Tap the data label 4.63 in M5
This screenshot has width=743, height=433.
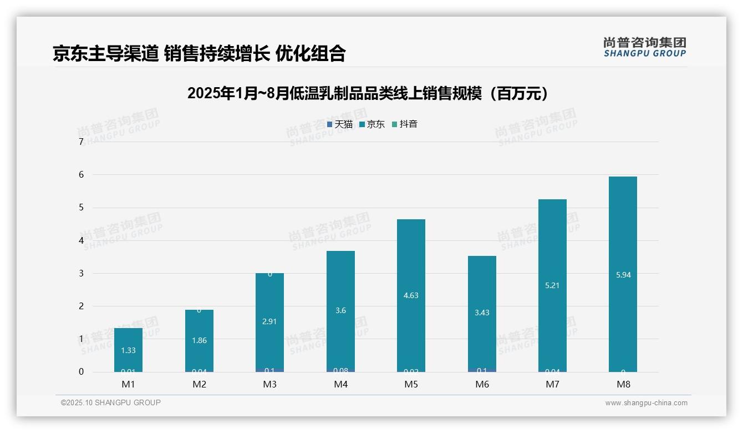[411, 295]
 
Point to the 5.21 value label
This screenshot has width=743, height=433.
[552, 286]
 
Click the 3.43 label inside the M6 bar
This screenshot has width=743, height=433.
[482, 313]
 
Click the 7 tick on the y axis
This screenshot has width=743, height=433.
[82, 142]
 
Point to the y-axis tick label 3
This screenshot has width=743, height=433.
[82, 273]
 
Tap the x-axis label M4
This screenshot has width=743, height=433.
[340, 384]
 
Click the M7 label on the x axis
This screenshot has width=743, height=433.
[552, 384]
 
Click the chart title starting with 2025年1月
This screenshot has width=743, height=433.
[369, 93]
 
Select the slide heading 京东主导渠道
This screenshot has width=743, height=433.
[200, 53]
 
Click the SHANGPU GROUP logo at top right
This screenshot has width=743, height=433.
[644, 47]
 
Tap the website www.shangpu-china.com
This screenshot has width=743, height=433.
[646, 403]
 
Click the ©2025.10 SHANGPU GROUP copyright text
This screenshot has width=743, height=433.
[111, 402]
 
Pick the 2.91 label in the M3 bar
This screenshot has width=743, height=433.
[269, 321]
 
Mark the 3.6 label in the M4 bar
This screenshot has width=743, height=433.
[340, 310]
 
